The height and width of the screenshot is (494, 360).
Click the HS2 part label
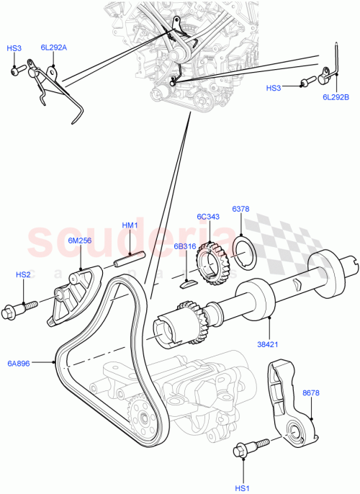[x=24, y=274]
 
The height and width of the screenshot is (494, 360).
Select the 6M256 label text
[x=79, y=241]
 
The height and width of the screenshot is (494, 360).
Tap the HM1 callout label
[x=130, y=225]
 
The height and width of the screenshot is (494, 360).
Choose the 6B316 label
[x=185, y=246]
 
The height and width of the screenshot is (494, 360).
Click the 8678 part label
[x=310, y=393]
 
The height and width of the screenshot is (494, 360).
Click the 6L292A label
[x=53, y=48]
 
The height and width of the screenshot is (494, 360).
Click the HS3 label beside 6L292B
[x=274, y=88]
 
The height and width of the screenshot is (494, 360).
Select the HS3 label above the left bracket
[x=14, y=48]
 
